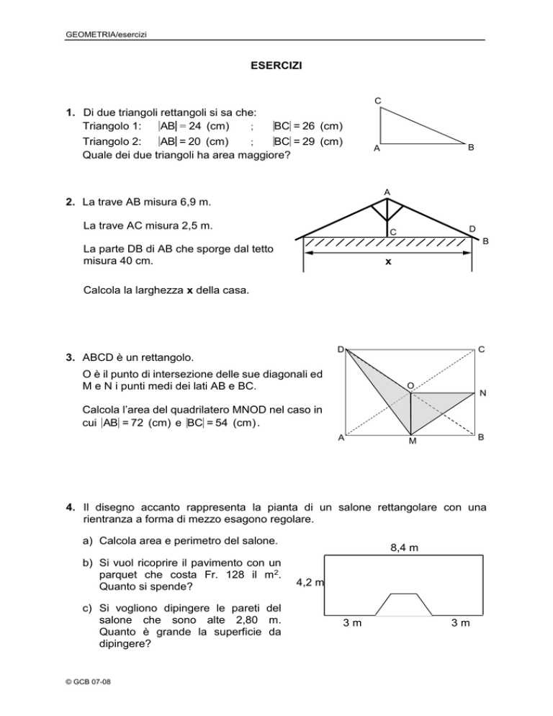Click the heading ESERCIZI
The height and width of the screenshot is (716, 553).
(x=276, y=66)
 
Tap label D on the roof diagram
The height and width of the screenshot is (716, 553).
(x=471, y=229)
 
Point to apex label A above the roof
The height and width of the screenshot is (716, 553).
(x=387, y=192)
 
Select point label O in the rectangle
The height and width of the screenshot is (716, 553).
(x=409, y=386)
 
